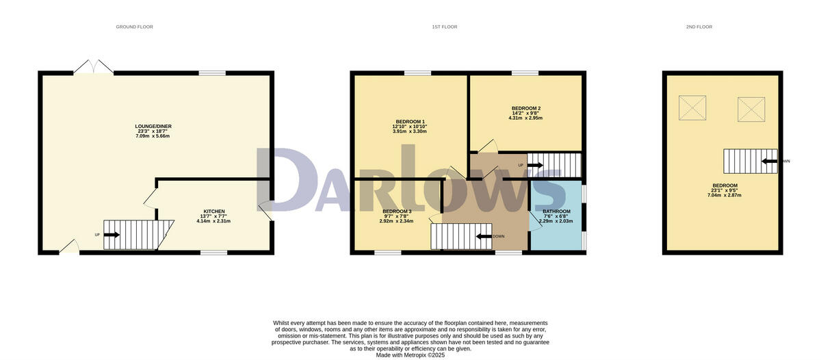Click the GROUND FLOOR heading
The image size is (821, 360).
coord(134,27)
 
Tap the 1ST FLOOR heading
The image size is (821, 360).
coord(444,27)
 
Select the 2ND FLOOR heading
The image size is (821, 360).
coord(699,27)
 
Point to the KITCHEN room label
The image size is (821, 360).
coord(213,211)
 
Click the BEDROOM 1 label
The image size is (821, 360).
coord(410,121)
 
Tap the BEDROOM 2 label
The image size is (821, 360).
coord(525,108)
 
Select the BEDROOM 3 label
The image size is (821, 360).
coord(397,211)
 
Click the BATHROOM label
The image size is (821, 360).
coord(556,211)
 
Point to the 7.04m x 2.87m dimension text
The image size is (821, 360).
coord(725,195)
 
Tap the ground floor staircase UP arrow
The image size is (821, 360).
coord(111,235)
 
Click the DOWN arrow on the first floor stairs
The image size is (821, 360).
coord(484,236)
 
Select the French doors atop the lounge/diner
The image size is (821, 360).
coord(94,67)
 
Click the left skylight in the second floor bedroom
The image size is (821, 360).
coord(691,107)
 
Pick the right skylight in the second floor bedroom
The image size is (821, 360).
coord(750,107)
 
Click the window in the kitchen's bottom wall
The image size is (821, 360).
coord(213,253)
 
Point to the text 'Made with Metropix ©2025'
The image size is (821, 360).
coord(410,355)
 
